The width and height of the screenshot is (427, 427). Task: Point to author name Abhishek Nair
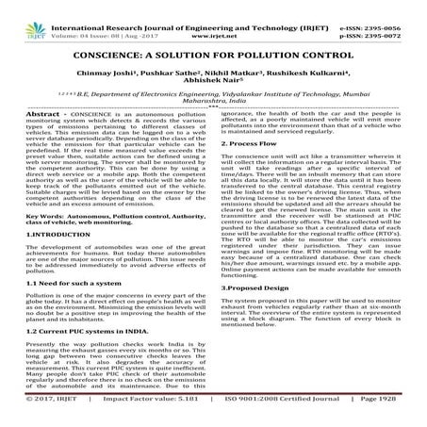[x=214, y=68]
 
